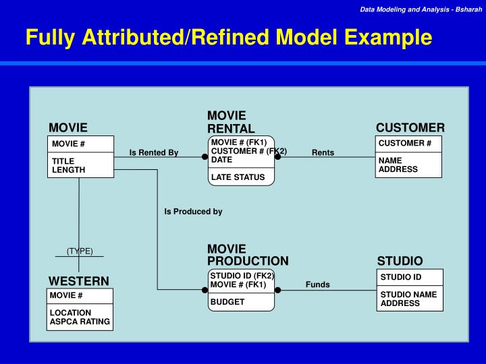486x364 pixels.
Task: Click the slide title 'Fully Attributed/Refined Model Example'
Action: (x=228, y=37)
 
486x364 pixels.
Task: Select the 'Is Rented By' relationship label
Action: (x=154, y=152)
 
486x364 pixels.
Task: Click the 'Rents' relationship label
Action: (x=323, y=152)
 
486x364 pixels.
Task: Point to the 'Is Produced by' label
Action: (x=193, y=212)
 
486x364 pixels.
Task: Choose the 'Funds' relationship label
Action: (x=317, y=284)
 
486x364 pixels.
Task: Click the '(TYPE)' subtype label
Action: (x=80, y=251)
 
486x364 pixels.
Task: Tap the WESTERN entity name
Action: (x=78, y=280)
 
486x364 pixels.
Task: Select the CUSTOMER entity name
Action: (x=410, y=127)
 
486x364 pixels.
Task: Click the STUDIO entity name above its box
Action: (x=400, y=261)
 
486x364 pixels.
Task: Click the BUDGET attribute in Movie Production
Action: (x=227, y=302)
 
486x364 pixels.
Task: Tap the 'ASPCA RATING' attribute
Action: (x=80, y=322)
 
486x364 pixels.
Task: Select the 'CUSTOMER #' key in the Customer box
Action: (x=405, y=144)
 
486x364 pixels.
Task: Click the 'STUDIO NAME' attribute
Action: (x=408, y=295)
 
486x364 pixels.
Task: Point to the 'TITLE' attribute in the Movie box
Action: (x=63, y=161)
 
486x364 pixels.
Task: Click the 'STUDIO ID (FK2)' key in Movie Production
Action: (x=242, y=276)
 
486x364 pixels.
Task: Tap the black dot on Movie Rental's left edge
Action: (x=205, y=156)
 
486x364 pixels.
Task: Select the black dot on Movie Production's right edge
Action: (x=277, y=290)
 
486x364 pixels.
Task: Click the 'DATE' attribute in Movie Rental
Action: (x=221, y=160)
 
